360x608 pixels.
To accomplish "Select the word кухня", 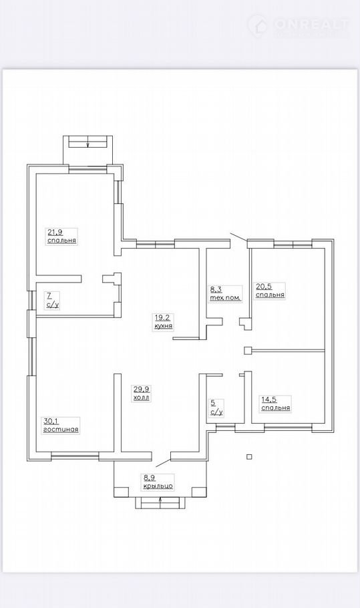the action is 164,327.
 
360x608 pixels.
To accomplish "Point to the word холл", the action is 142,398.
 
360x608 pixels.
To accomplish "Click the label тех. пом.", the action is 226,298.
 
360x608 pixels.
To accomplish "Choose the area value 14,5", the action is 268,400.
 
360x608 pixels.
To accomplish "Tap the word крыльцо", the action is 158,486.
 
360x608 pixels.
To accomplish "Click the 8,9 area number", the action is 149,478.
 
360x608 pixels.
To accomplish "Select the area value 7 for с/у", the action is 49,296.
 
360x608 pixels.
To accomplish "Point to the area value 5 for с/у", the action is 213,403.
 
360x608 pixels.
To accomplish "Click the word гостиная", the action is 61,430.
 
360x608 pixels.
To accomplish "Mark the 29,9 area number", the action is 141,390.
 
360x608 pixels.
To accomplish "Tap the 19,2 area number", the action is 162,318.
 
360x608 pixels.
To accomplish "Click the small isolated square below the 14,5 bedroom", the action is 250,457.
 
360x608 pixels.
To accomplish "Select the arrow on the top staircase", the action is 88,142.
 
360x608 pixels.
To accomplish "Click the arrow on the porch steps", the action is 160,503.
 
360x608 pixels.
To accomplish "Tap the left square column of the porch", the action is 121,492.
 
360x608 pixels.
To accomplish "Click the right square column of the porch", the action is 200,492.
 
